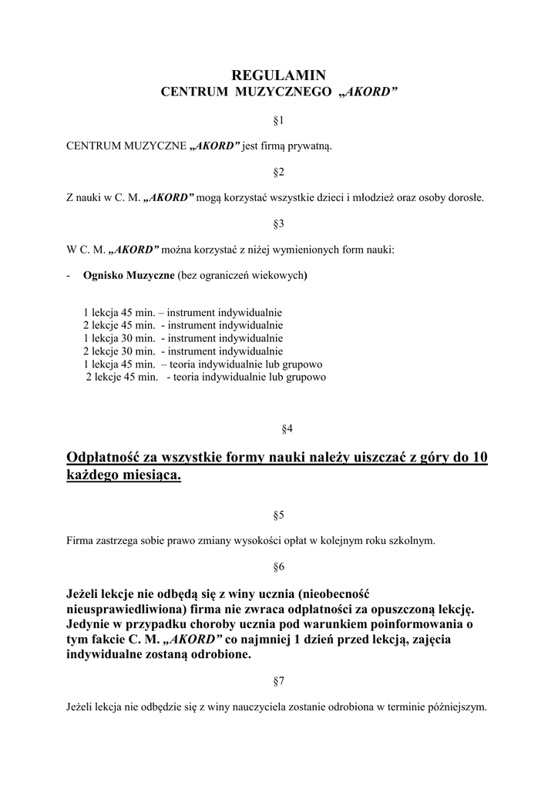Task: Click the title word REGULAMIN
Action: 279,75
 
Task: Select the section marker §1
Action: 279,121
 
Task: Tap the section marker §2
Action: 279,171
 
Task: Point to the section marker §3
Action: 279,223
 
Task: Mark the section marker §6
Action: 279,567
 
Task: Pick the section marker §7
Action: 279,682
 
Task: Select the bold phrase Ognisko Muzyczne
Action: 129,276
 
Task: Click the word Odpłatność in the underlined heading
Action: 104,458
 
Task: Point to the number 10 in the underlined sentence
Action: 479,458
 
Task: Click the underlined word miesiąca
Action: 155,477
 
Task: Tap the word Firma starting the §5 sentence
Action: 81,540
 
